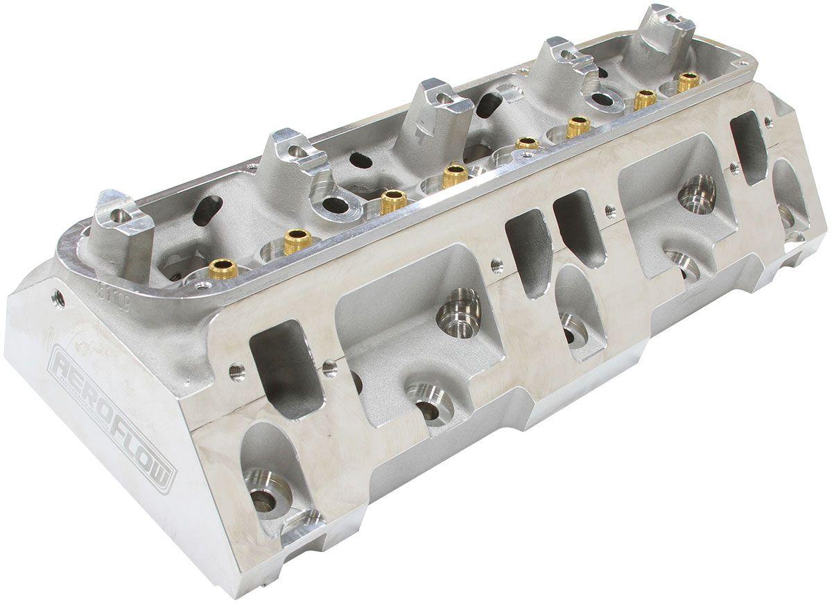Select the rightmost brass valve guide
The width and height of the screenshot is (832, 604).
pos(688,82)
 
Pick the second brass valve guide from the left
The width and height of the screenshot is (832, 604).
pos(296,241)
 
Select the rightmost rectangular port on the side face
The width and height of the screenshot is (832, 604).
pos(748,146)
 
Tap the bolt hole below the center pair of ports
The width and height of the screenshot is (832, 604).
pos(574,329)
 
